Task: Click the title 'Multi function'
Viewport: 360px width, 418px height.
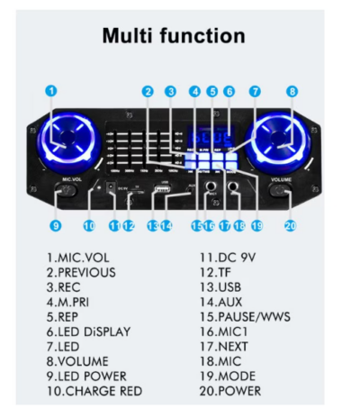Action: click(173, 36)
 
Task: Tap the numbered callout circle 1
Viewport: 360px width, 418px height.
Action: click(52, 90)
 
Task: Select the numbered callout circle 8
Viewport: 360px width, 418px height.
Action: click(292, 90)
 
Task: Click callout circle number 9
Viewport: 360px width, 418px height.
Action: click(56, 225)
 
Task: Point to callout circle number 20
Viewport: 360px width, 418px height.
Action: click(290, 225)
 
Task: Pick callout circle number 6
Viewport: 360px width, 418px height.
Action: click(229, 90)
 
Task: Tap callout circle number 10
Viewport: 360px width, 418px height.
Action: click(89, 225)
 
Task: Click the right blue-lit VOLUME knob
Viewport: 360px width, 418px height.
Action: click(280, 141)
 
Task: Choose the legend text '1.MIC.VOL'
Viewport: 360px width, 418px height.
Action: click(73, 257)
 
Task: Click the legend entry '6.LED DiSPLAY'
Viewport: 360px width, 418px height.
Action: click(88, 331)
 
